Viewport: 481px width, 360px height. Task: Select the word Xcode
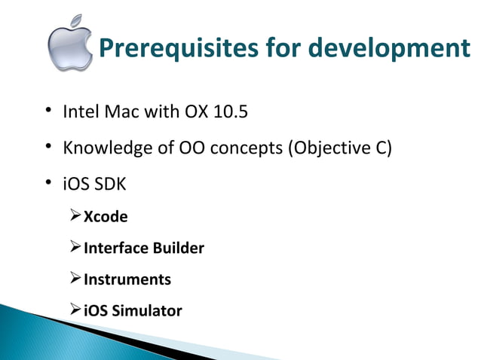106,217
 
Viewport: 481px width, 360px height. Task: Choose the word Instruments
127,279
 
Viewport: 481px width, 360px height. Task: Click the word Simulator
147,310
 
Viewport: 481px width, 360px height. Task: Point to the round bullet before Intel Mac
47,114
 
